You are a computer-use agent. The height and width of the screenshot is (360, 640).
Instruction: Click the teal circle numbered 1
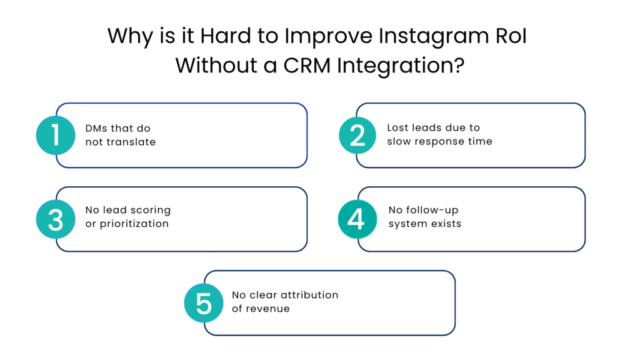[x=56, y=135]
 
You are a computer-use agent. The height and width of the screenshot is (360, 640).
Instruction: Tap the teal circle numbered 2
[x=357, y=135]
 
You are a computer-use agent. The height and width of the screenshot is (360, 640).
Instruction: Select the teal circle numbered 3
[x=56, y=219]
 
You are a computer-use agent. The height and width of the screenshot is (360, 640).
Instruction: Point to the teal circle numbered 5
[x=204, y=302]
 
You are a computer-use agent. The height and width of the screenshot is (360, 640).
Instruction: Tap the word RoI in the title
[x=509, y=36]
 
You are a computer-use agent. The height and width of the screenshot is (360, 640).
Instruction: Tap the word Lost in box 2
[x=398, y=127]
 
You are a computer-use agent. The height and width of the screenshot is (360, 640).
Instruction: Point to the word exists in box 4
[x=444, y=224]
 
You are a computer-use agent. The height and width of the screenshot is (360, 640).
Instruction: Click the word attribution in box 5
[x=309, y=294]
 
